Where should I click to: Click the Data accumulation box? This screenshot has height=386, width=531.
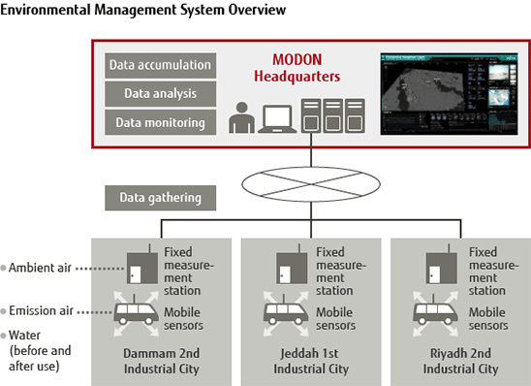tap(160, 66)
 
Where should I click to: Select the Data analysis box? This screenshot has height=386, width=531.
tap(160, 94)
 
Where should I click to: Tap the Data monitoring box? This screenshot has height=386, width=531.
tap(160, 123)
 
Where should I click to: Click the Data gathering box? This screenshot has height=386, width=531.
tap(160, 198)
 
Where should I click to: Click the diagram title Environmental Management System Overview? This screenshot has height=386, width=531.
tap(143, 11)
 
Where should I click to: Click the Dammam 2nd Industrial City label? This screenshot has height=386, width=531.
tap(161, 361)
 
